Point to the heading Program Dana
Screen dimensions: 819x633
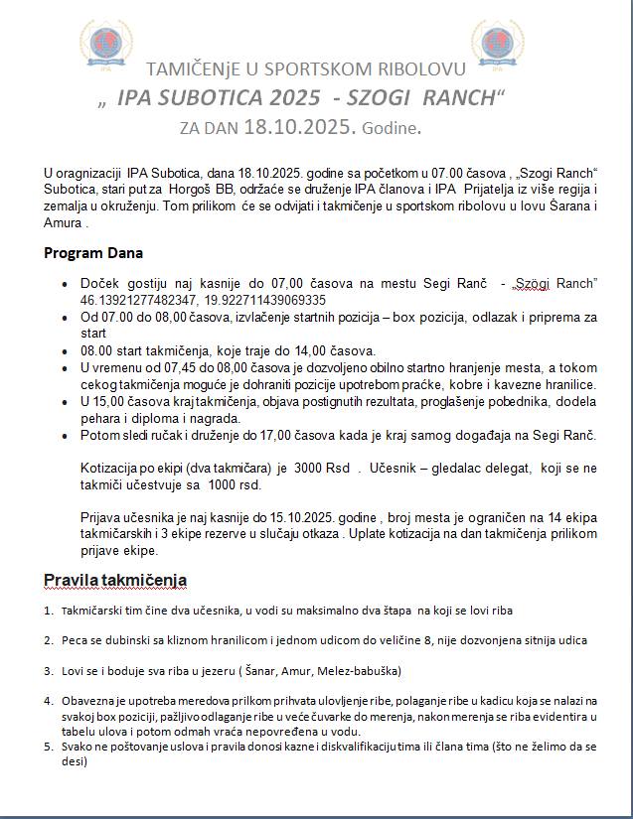93,253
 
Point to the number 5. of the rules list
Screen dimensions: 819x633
49,748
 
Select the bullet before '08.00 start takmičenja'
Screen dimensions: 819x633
64,351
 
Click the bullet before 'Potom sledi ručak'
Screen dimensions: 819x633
64,436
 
